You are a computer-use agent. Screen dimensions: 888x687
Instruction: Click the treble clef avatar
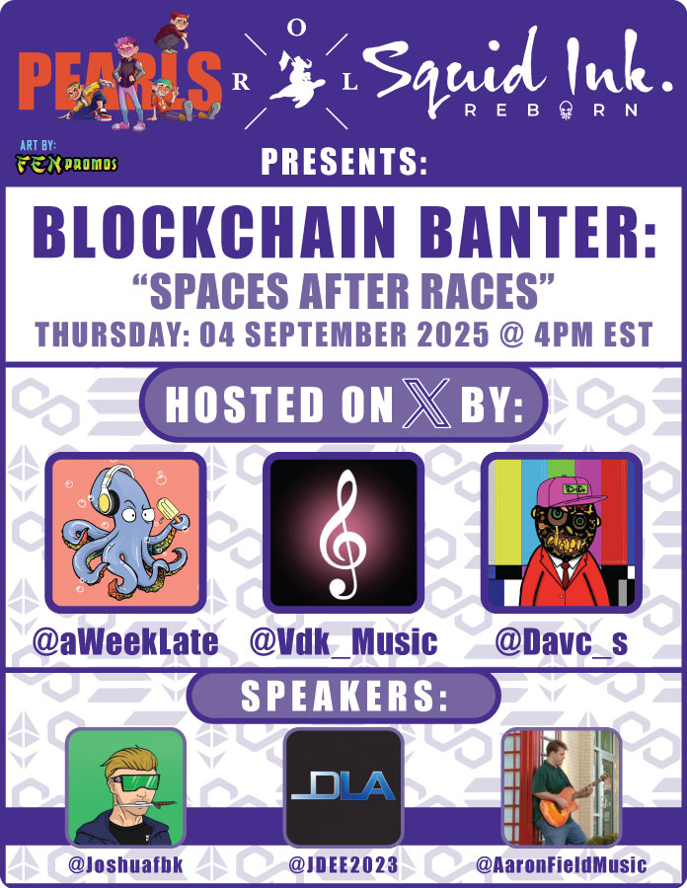pos(343,533)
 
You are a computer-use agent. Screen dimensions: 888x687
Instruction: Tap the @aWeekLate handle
pos(125,642)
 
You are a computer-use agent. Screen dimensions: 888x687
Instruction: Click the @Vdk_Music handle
pos(343,642)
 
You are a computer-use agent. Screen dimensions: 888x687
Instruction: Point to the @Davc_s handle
pos(561,642)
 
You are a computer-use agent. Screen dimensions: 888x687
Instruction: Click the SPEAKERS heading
pos(343,698)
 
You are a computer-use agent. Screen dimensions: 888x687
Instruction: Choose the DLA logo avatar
pos(343,786)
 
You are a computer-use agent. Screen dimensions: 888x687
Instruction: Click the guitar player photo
pos(561,786)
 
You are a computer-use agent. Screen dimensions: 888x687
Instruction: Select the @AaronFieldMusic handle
pos(561,865)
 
